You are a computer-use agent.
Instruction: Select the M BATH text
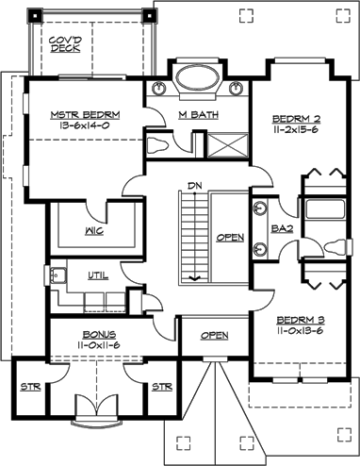[196, 116]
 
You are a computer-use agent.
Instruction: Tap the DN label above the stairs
[195, 185]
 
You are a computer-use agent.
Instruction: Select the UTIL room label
[98, 276]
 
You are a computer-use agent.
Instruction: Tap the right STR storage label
[161, 386]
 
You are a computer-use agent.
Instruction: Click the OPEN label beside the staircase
[229, 238]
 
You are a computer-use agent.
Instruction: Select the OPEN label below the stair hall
[214, 335]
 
